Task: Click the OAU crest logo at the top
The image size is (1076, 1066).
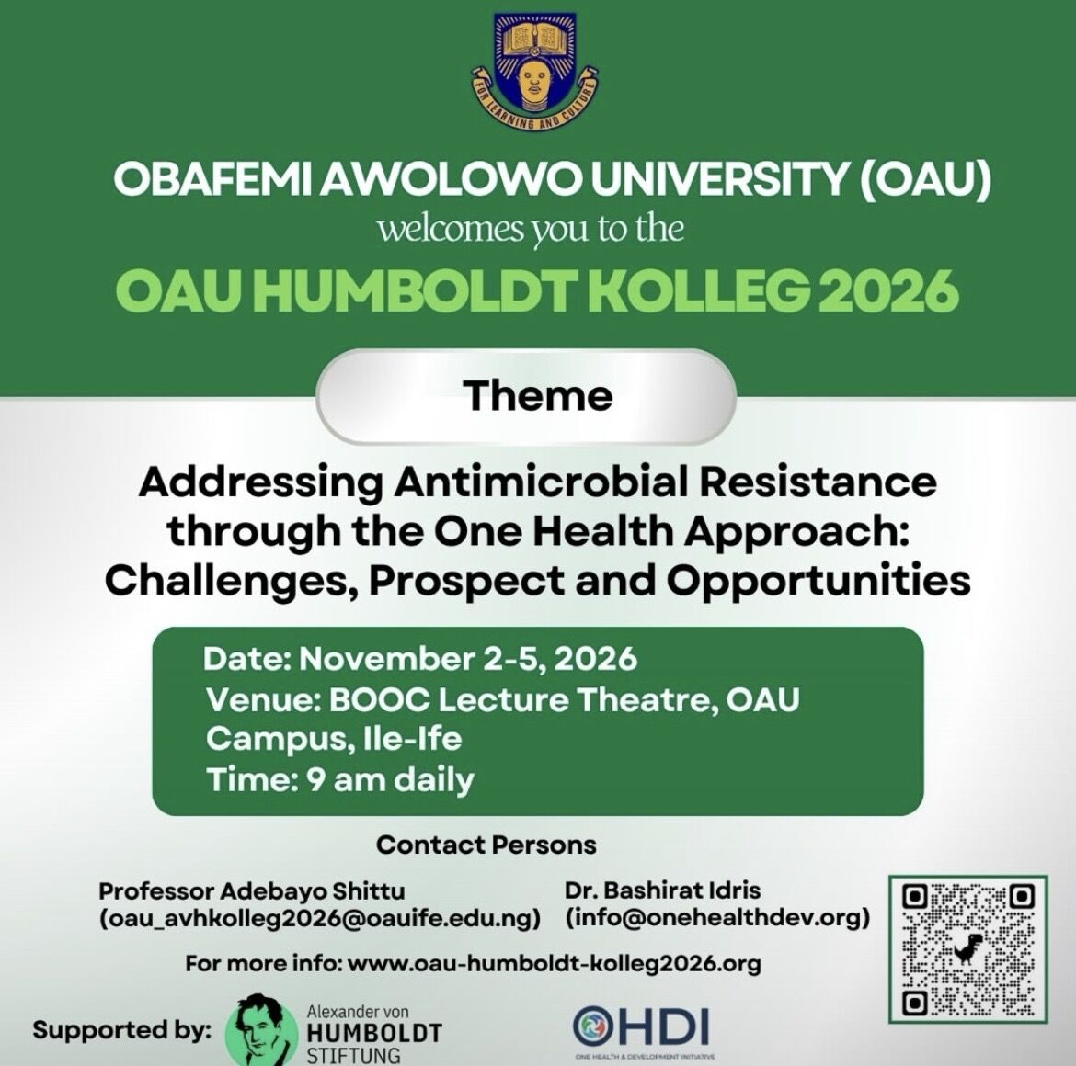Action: click(x=533, y=71)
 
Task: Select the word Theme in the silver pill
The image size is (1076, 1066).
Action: click(x=537, y=395)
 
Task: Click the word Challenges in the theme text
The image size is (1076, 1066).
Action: click(x=232, y=582)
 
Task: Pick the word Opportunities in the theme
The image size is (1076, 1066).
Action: click(x=818, y=582)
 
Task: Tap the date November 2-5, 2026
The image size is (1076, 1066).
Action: click(x=468, y=659)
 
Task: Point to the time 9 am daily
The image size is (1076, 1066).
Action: click(x=390, y=780)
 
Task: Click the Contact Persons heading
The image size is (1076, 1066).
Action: click(x=486, y=845)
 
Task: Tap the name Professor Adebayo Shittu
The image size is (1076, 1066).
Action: click(x=252, y=891)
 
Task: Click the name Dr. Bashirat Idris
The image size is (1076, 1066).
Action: click(x=662, y=890)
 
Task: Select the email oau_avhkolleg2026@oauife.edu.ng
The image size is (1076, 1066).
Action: click(x=320, y=919)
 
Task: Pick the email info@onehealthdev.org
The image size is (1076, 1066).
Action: click(x=717, y=917)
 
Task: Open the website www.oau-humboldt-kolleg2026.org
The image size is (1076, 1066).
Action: click(x=555, y=963)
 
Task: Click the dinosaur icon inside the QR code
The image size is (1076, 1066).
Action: click(x=967, y=948)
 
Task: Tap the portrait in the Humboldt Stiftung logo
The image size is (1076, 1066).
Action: click(x=260, y=1029)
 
